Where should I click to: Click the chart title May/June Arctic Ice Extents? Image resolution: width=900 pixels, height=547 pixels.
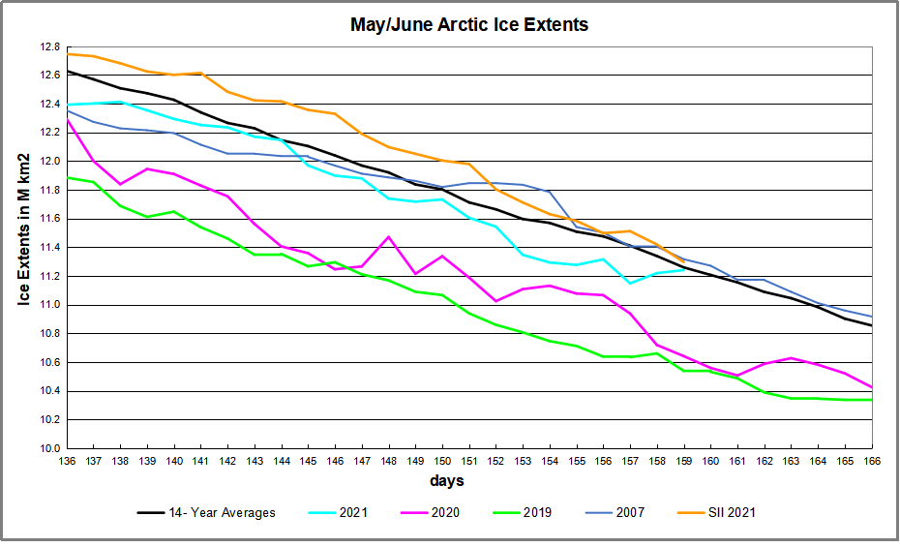(468, 24)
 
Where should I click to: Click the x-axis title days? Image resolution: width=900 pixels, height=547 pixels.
(447, 481)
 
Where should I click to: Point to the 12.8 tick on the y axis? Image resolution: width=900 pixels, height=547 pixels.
(49, 46)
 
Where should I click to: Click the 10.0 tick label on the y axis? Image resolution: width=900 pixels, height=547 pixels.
(49, 448)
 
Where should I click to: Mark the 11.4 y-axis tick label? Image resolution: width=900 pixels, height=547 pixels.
(49, 248)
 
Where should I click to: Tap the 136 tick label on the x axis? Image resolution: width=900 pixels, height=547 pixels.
(67, 461)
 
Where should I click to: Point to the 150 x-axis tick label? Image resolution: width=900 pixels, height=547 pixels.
(442, 461)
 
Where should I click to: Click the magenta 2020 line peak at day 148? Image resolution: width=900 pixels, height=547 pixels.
(389, 237)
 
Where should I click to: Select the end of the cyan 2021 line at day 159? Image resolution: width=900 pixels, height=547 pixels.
(684, 269)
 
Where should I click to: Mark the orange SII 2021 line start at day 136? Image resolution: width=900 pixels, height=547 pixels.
(67, 54)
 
